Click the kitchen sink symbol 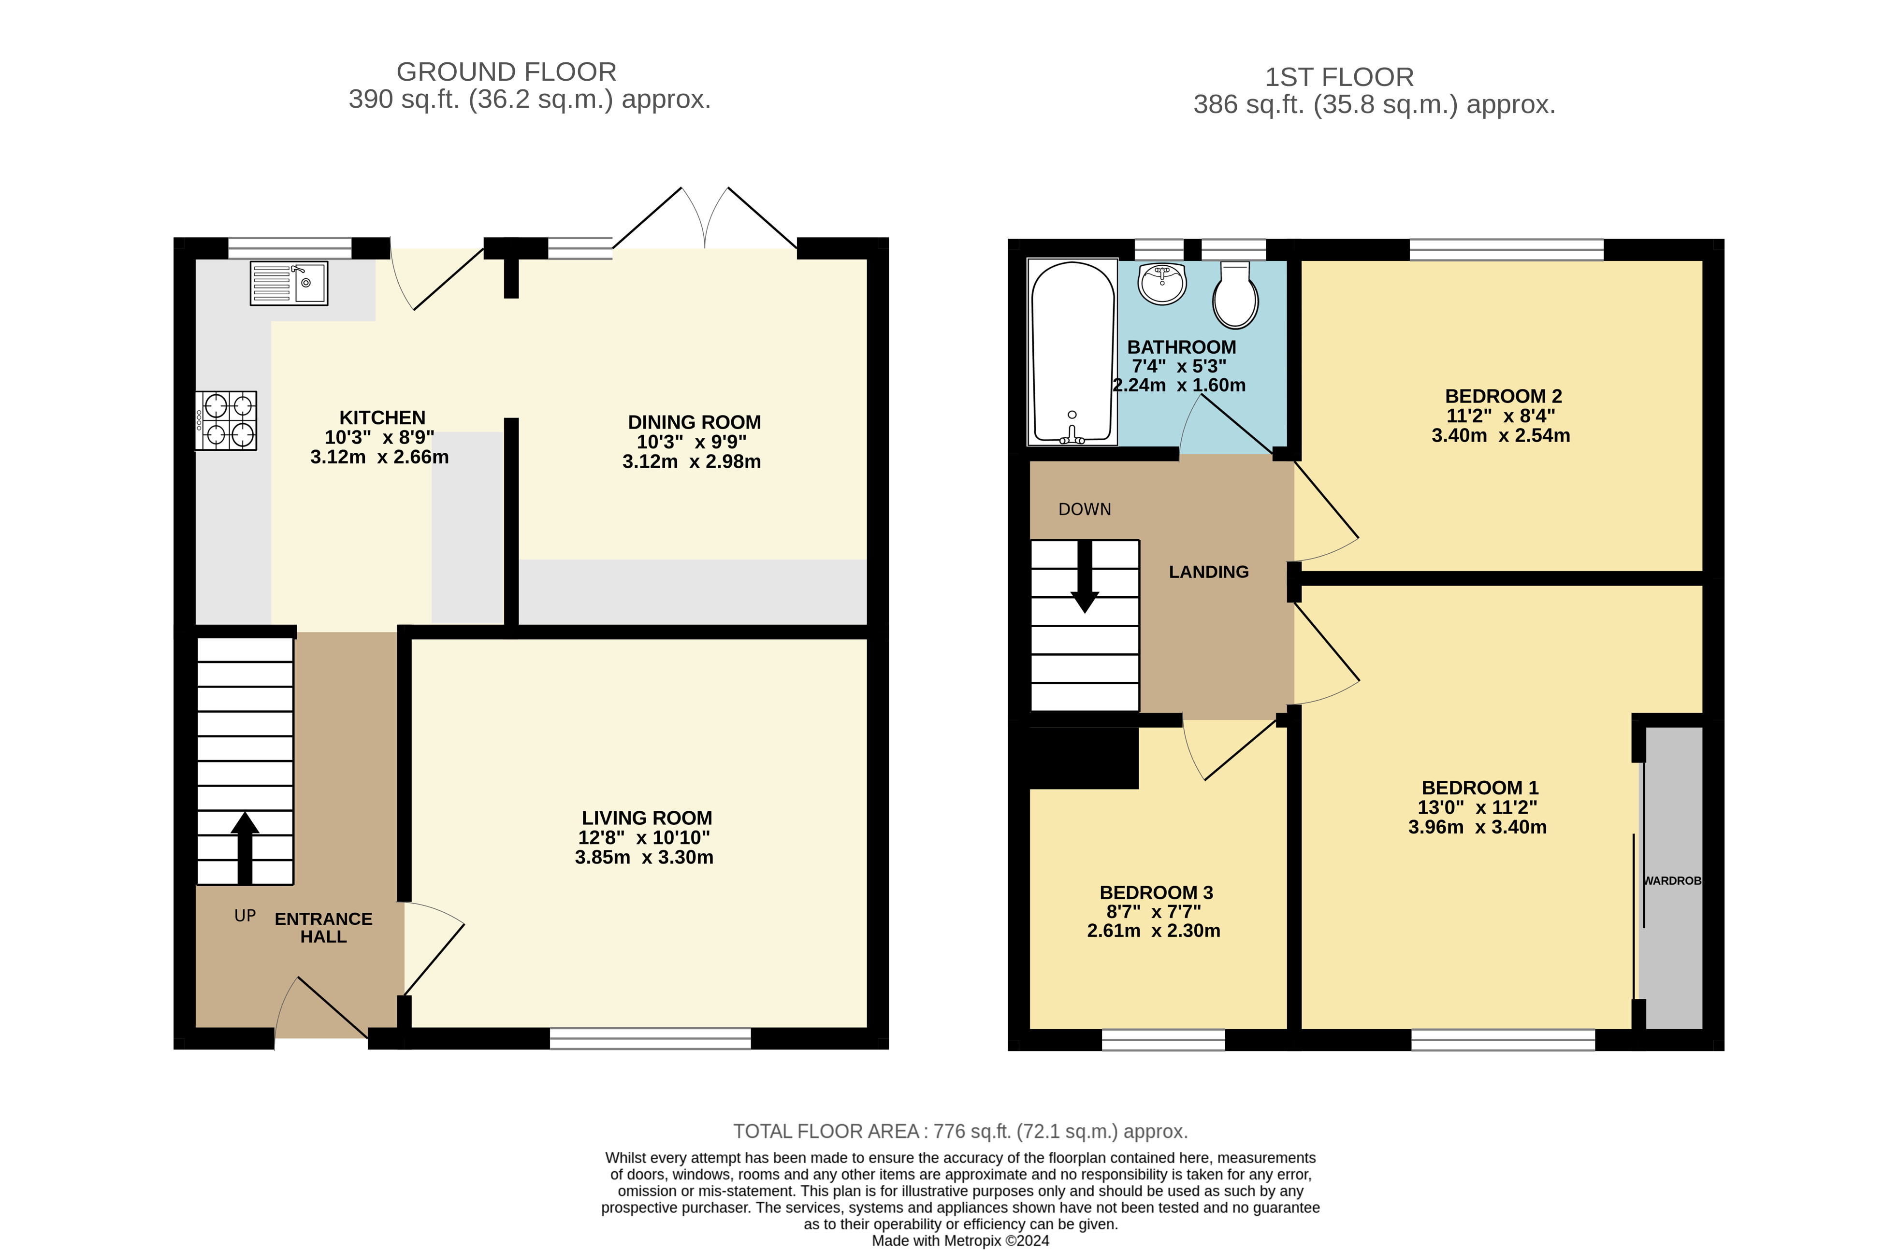[x=289, y=283]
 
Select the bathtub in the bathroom [x=1072, y=352]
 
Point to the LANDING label [x=1208, y=572]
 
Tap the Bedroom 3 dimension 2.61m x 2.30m [x=1153, y=930]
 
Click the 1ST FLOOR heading [x=1339, y=77]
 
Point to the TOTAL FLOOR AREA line [x=960, y=1131]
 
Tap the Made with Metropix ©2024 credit [x=960, y=1240]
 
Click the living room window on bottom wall [x=650, y=1038]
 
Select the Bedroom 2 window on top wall [x=1507, y=249]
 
